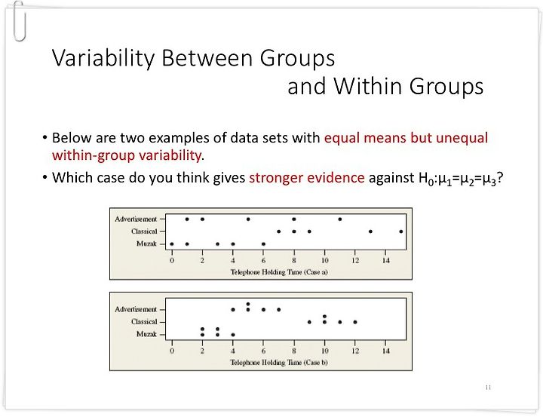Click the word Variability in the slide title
pos(103,58)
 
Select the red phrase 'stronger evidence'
pos(306,178)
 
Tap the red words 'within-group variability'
pos(127,155)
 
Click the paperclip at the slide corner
pos(19,21)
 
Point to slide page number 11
pos(488,388)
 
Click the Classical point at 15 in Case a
pos(401,231)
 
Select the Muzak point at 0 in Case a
pos(172,244)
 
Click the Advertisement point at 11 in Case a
pos(339,219)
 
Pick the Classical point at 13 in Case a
pos(370,231)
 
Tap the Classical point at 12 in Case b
pos(355,322)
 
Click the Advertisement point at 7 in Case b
pos(279,310)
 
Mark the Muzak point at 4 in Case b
pos(233,335)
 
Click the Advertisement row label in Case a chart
pos(136,219)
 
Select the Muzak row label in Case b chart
pos(147,334)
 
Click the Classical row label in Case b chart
pos(144,322)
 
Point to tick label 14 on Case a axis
pos(386,260)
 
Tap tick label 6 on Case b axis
pos(263,351)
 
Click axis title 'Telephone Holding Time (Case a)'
pos(279,272)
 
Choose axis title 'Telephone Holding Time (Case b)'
pos(279,363)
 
